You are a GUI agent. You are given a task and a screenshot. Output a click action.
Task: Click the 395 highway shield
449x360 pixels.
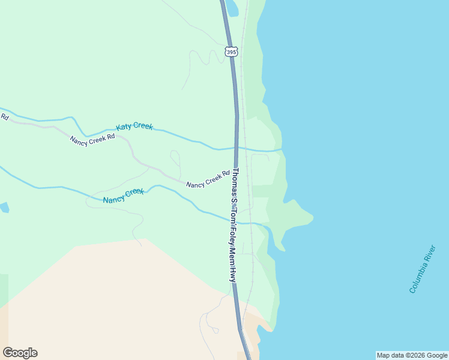[232, 52]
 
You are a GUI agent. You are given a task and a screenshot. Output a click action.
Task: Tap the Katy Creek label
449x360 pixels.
[134, 127]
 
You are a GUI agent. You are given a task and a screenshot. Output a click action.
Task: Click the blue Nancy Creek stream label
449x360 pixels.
[123, 196]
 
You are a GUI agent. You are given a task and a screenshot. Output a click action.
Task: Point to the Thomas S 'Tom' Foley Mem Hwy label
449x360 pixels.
[234, 224]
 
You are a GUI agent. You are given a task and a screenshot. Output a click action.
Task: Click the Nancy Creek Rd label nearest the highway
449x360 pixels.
[208, 179]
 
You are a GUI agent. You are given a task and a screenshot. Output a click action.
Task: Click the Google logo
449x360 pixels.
[20, 353]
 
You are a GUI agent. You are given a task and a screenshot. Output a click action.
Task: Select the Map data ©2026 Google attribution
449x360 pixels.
[412, 355]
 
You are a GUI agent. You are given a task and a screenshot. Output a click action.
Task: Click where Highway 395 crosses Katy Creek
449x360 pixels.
[237, 147]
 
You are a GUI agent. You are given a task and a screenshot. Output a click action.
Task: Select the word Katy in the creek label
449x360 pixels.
[124, 128]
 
